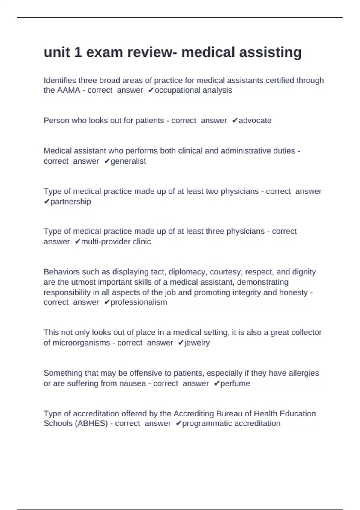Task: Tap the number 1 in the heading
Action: tap(78, 52)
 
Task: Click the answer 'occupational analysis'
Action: tap(193, 90)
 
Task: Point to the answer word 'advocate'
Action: tap(255, 121)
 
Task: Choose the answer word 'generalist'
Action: tap(128, 161)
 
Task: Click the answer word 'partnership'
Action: tap(71, 202)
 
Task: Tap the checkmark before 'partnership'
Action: tap(46, 202)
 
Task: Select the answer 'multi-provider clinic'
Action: tap(116, 242)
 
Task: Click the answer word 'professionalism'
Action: tap(139, 302)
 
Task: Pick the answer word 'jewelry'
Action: tap(197, 343)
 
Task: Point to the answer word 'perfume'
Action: tap(235, 383)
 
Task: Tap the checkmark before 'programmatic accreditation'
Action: tap(178, 424)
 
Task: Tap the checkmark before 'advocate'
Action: tap(235, 121)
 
